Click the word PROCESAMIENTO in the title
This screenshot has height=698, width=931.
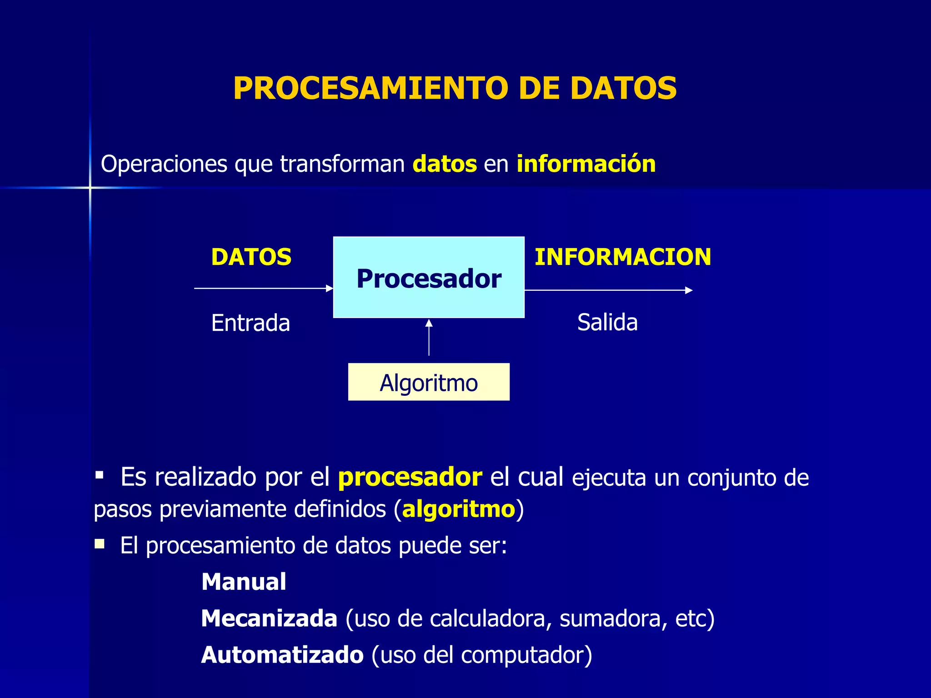click(370, 88)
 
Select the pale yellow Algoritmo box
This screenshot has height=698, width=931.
click(429, 382)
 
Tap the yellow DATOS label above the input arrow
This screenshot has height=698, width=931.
click(251, 257)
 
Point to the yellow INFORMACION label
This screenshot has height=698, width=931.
click(623, 257)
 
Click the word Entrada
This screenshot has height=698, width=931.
click(250, 323)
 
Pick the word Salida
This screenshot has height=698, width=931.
click(607, 323)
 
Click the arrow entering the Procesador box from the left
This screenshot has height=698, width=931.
click(264, 288)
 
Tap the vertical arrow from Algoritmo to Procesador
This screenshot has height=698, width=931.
click(429, 337)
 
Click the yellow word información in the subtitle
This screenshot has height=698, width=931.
click(586, 164)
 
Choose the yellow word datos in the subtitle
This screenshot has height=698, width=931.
click(445, 164)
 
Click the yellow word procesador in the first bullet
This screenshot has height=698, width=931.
click(410, 477)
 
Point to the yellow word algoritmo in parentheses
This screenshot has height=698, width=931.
click(459, 509)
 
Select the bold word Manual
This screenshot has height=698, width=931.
click(244, 582)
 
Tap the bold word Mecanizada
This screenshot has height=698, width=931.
click(269, 618)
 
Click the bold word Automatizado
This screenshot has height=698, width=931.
click(282, 655)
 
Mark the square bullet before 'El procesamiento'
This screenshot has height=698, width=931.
click(100, 544)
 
